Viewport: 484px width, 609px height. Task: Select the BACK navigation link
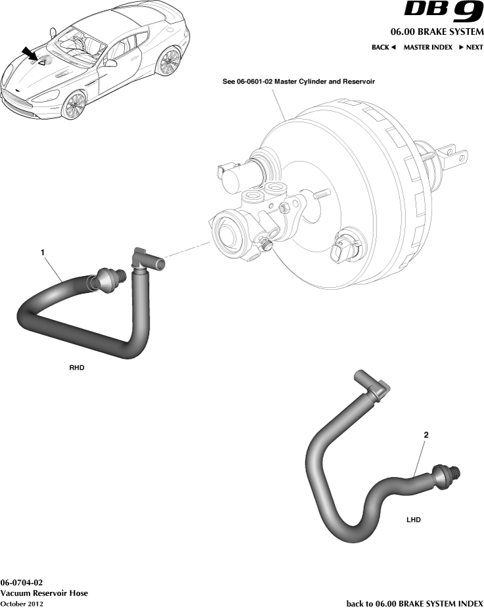pyautogui.click(x=384, y=47)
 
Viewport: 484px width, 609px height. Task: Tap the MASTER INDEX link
pyautogui.click(x=428, y=47)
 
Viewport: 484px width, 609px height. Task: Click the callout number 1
pyautogui.click(x=43, y=252)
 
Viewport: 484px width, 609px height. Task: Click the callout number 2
pyautogui.click(x=426, y=435)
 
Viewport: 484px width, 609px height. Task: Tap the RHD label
pyautogui.click(x=77, y=368)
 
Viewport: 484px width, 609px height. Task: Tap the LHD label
pyautogui.click(x=413, y=519)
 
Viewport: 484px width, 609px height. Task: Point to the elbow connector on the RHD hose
pyautogui.click(x=145, y=259)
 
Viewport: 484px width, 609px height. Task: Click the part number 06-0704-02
pyautogui.click(x=22, y=583)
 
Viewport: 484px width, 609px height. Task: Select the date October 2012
pyautogui.click(x=22, y=603)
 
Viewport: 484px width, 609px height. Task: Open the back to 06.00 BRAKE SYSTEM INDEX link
pyautogui.click(x=414, y=603)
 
